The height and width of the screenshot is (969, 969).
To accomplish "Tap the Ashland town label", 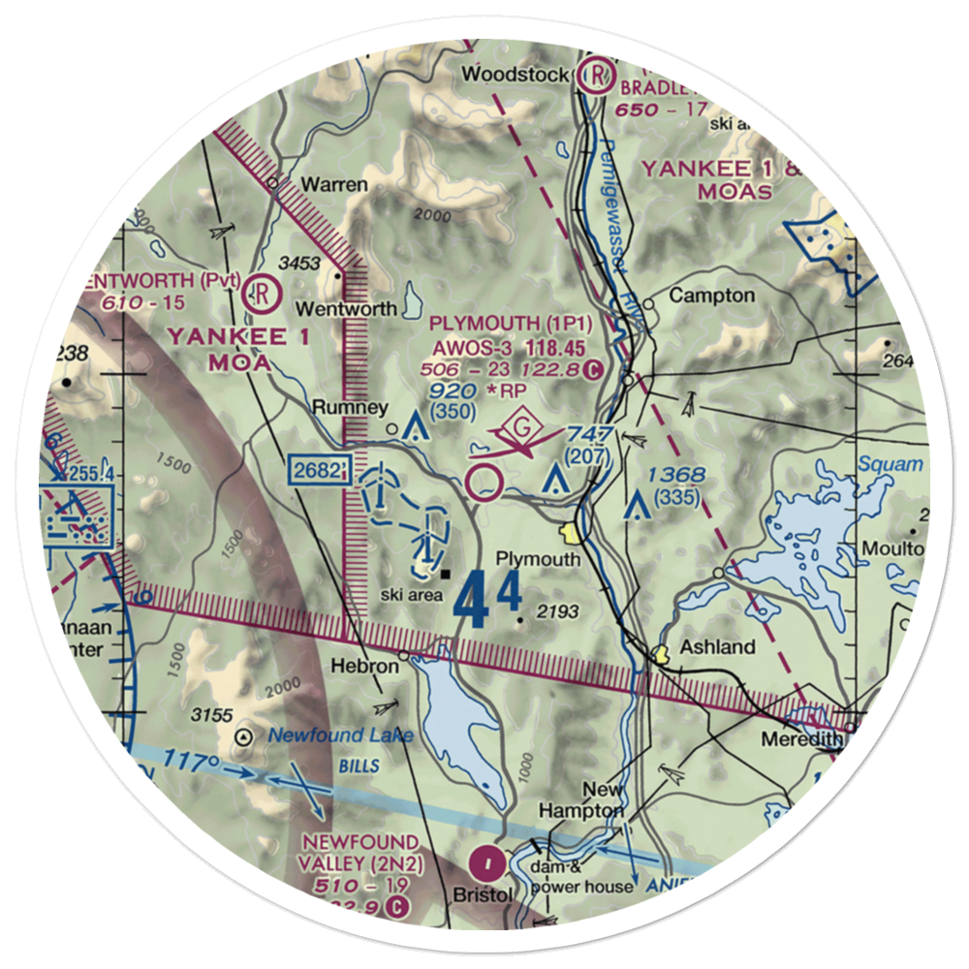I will [x=717, y=646].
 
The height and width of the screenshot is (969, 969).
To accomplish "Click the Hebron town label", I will [x=364, y=667].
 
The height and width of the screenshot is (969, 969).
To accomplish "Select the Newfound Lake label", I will [x=340, y=735].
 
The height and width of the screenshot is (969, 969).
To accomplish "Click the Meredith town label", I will [x=800, y=739].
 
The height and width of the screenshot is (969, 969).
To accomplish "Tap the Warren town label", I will [x=334, y=184].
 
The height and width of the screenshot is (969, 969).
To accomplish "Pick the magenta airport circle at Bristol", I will [x=486, y=860].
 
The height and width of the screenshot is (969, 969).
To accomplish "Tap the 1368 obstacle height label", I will [x=677, y=475].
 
